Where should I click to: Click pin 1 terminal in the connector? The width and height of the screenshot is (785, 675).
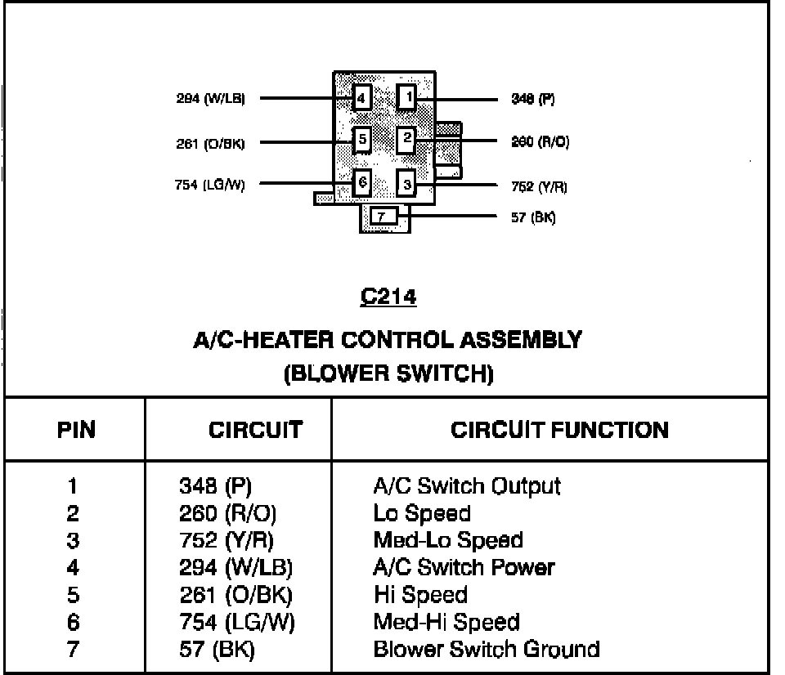click(407, 99)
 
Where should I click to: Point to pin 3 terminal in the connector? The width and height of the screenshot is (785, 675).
click(407, 184)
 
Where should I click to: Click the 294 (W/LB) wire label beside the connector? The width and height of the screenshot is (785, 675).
click(210, 99)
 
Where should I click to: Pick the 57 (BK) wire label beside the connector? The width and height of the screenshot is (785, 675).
click(533, 218)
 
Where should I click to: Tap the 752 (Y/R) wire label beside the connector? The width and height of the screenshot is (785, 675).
click(539, 186)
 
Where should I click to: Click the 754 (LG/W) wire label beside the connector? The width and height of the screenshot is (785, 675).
click(210, 185)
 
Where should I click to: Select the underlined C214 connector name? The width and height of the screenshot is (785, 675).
click(388, 297)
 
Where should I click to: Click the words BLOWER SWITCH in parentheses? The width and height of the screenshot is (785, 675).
click(388, 374)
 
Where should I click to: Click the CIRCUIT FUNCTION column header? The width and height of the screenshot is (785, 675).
click(559, 430)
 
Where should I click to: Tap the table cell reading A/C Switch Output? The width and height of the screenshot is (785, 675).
click(466, 486)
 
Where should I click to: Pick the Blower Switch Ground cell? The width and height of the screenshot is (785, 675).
click(486, 650)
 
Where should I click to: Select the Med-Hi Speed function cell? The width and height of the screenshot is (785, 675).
click(446, 623)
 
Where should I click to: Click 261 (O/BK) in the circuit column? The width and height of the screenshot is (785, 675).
click(235, 595)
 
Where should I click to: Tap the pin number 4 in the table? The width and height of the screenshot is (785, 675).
click(74, 568)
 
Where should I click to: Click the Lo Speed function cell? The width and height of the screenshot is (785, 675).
click(421, 514)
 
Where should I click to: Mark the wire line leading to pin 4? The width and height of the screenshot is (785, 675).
click(303, 99)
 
